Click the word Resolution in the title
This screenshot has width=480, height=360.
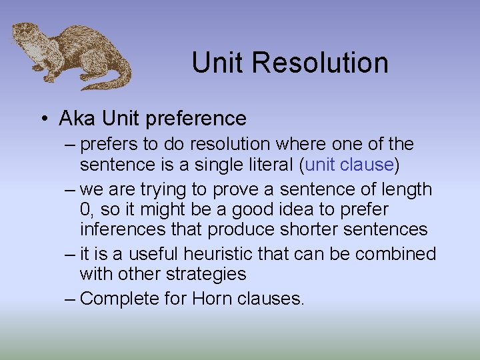point(321,63)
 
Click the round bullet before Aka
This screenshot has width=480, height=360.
point(43,119)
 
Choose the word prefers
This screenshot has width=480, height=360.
point(111,144)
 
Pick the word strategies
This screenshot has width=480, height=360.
point(206,274)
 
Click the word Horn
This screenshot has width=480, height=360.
point(213,298)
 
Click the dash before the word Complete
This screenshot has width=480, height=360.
point(70,299)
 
